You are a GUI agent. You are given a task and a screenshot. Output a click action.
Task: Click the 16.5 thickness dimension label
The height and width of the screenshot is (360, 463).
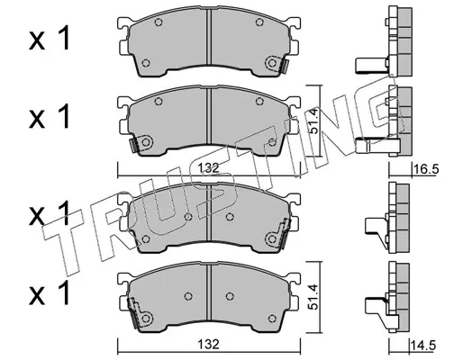tap(426, 169)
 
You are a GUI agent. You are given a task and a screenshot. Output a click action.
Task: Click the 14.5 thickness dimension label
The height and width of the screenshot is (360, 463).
tap(423, 345)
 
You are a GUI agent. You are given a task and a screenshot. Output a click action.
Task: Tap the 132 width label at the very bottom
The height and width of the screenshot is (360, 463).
tap(209, 345)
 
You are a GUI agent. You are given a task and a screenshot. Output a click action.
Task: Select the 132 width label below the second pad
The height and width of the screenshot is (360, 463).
tap(209, 168)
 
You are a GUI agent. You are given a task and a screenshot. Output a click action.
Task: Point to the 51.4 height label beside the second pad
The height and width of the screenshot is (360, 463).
tap(313, 121)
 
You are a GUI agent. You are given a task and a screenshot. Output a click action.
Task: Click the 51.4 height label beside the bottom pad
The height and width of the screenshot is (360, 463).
tap(313, 297)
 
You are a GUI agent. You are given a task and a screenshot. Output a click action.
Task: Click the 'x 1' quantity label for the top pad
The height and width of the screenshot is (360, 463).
tap(50, 38)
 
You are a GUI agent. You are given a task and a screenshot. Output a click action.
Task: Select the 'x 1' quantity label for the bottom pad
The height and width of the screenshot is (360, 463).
tap(50, 293)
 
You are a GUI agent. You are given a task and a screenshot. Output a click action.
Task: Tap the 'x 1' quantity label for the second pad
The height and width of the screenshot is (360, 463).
tap(50, 116)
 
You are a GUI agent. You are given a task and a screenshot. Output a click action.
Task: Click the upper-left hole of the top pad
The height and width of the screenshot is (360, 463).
tap(159, 22)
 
